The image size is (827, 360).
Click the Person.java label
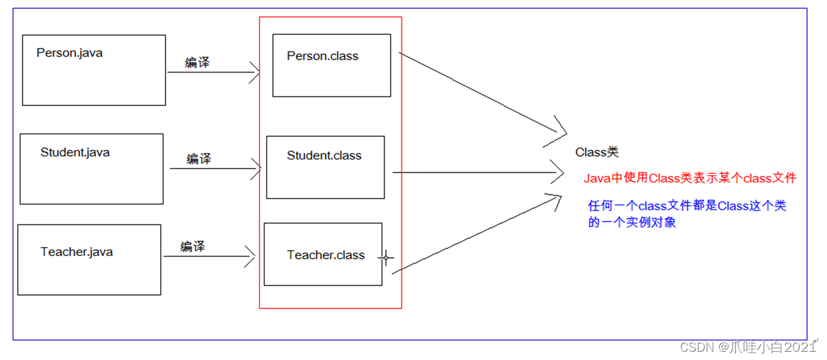70,53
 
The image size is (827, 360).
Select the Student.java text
75,152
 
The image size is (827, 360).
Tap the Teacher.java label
77,252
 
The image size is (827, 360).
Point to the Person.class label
323,56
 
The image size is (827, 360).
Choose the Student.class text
324,155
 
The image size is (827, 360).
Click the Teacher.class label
326,255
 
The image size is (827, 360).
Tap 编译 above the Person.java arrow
197,63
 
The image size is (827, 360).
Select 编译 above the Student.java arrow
199,159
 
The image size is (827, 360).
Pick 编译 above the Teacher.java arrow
192,246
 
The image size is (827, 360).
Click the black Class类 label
597,152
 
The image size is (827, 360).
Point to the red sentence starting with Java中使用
690,178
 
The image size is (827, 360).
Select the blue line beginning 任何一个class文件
687,205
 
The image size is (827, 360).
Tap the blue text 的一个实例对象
632,222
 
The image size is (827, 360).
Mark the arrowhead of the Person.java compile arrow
256,72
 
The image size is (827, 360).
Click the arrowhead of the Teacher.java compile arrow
252,257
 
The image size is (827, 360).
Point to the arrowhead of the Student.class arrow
560,172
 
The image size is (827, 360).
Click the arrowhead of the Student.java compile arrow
258,168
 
